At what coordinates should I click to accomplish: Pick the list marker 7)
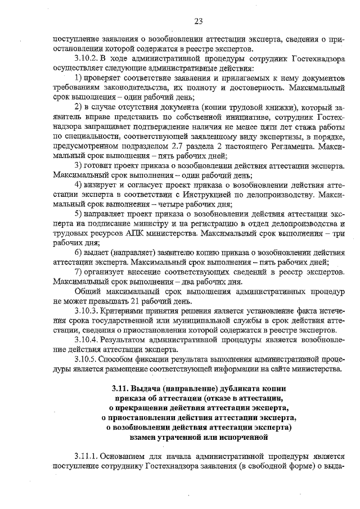click(79, 272)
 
